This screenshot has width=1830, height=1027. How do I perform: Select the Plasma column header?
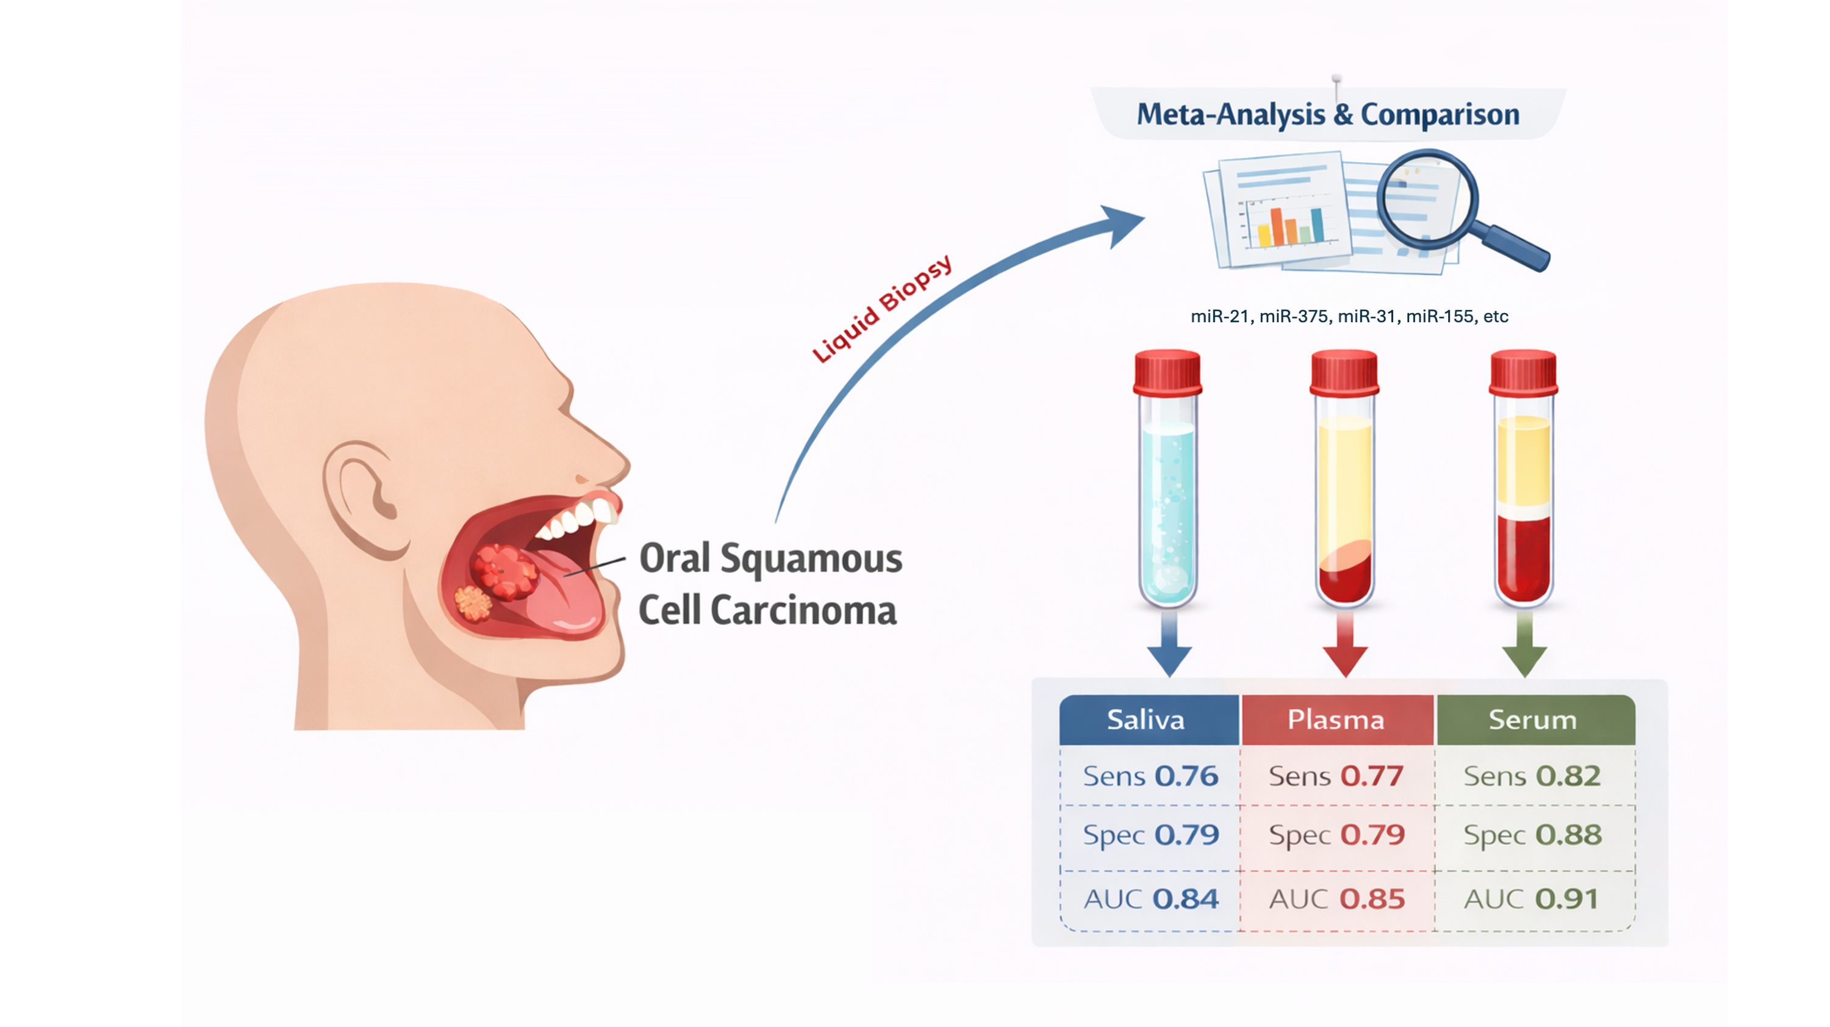click(1337, 720)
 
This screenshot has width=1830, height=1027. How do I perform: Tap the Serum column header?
click(1534, 720)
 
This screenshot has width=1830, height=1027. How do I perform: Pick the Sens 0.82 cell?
click(1532, 776)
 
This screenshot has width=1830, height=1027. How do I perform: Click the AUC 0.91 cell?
click(1532, 899)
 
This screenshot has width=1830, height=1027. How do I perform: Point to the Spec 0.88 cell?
click(1532, 835)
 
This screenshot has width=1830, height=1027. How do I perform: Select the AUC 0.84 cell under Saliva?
click(1151, 899)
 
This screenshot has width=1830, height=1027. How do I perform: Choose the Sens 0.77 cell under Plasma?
click(1337, 776)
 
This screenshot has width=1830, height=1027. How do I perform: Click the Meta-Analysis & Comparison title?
click(1328, 115)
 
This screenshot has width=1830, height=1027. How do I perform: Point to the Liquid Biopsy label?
click(881, 309)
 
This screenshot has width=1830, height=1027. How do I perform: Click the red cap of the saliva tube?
click(1167, 372)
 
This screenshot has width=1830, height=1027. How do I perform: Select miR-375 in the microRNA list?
click(1294, 317)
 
